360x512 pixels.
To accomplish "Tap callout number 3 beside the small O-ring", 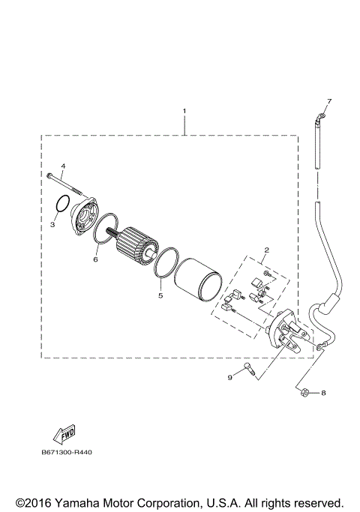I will pyautogui.click(x=53, y=223).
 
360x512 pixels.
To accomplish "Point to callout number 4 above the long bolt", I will pyautogui.click(x=63, y=165).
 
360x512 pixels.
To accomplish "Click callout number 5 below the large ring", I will pyautogui.click(x=160, y=295).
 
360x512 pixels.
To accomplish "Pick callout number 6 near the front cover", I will pyautogui.click(x=96, y=259).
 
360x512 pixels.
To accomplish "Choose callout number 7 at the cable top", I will pyautogui.click(x=328, y=100).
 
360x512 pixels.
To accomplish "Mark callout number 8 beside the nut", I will pyautogui.click(x=323, y=392).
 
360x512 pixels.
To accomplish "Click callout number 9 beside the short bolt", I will pyautogui.click(x=230, y=377).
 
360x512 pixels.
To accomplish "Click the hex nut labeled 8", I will pyautogui.click(x=304, y=391).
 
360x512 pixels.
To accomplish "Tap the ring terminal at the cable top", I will pyautogui.click(x=321, y=115).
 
